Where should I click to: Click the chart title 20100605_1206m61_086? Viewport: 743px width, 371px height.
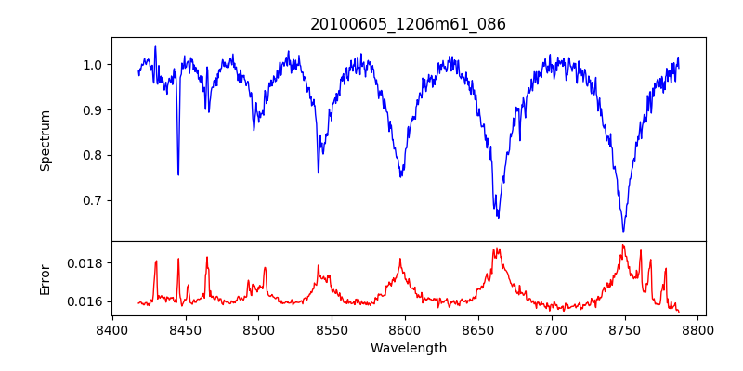[x=408, y=24]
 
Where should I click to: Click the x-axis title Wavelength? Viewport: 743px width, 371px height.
[x=408, y=348]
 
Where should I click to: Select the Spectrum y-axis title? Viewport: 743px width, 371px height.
[x=45, y=140]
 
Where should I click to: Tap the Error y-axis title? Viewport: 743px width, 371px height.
[x=45, y=279]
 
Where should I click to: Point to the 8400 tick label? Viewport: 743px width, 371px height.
[x=112, y=329]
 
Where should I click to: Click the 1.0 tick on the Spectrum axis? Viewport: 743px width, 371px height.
[x=93, y=65]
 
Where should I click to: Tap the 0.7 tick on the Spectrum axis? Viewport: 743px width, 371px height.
[x=93, y=200]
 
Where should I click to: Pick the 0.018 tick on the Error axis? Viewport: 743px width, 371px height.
[x=85, y=263]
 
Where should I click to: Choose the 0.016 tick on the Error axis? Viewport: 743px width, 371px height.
[x=85, y=301]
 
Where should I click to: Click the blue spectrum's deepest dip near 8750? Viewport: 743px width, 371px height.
[x=623, y=231]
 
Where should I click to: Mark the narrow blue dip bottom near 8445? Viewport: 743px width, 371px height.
[x=178, y=174]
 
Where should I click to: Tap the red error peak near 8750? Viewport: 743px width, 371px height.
[x=623, y=245]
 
